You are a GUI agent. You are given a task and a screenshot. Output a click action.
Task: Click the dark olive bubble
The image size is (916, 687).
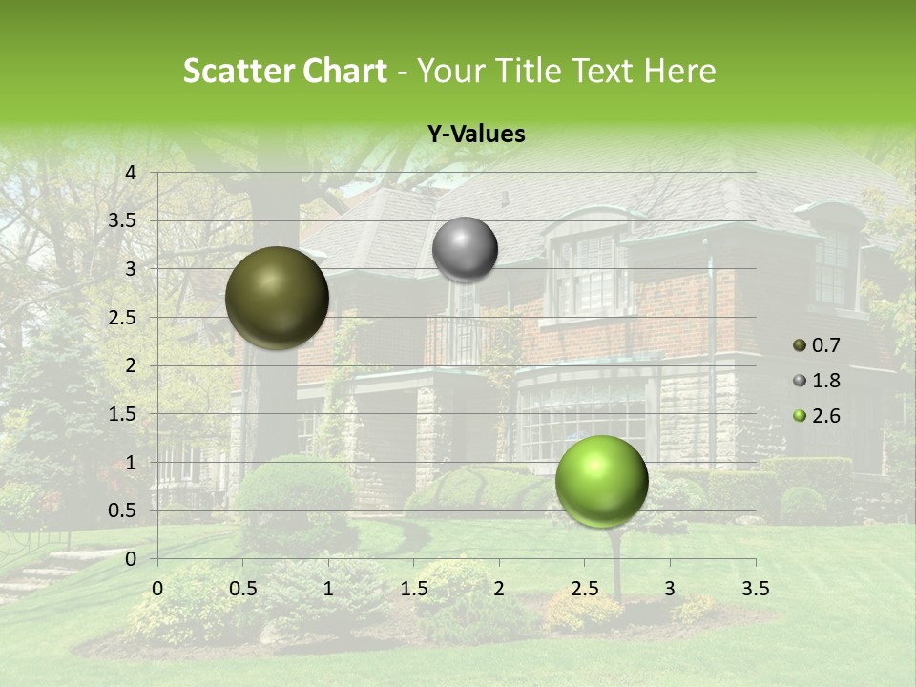[x=278, y=298]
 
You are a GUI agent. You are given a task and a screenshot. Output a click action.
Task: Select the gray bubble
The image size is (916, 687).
[x=465, y=249]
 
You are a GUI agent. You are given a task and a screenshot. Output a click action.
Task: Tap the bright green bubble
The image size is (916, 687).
[x=601, y=481]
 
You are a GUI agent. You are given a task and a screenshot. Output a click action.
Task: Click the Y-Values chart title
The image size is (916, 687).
[x=475, y=135]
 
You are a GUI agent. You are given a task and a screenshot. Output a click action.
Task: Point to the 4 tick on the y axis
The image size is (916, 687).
[x=131, y=172]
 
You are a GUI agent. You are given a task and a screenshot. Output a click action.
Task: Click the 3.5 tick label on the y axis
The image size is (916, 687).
[x=123, y=220]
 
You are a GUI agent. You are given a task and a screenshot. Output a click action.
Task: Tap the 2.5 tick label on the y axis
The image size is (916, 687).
[x=123, y=317]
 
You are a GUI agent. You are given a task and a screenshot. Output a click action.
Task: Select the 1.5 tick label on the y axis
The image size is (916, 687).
[x=123, y=414]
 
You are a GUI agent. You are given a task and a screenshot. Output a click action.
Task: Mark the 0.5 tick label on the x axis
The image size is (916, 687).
[x=243, y=589]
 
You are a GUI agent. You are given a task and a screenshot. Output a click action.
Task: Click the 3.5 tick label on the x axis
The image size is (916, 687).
[x=755, y=589]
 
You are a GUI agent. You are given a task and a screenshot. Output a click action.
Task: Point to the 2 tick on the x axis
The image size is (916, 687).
[x=499, y=589]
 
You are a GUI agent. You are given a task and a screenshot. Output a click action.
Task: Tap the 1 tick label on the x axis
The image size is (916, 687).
[x=328, y=589]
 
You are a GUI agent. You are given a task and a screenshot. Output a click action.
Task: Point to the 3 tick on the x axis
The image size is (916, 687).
[x=670, y=589]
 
